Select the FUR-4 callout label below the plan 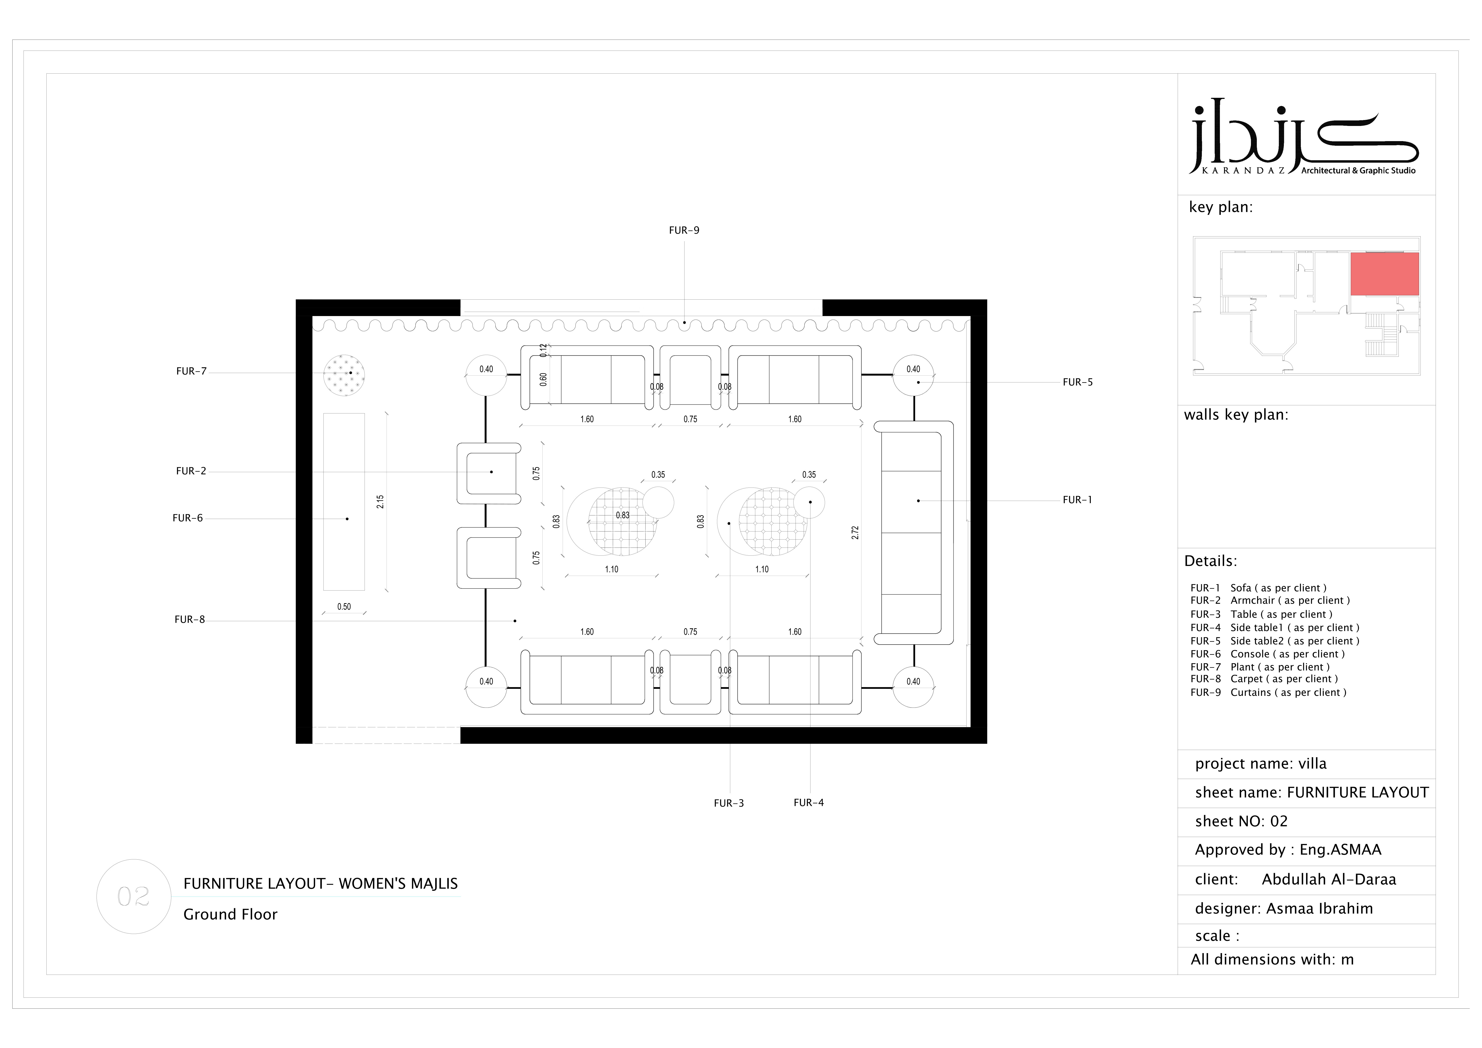[809, 803]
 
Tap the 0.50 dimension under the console [344, 607]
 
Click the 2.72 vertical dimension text [855, 532]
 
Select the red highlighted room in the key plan [1385, 274]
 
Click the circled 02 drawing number [134, 896]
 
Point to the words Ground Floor [230, 914]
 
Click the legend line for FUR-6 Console [1268, 654]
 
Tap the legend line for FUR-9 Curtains [1268, 692]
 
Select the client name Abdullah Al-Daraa [1329, 880]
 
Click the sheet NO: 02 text [1241, 821]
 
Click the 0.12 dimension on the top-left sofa [544, 350]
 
